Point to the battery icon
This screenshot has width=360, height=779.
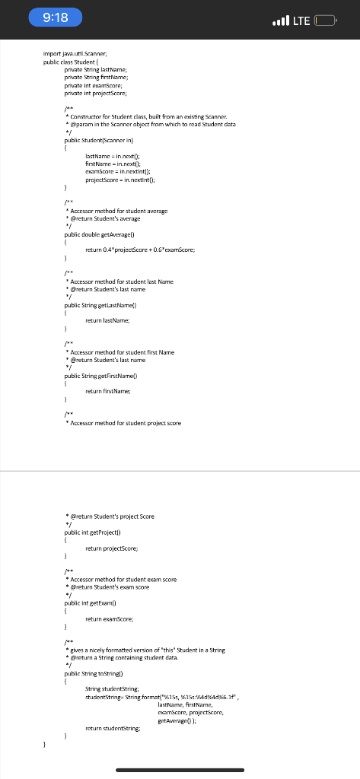[x=325, y=19]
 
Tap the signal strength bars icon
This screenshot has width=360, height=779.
[x=278, y=19]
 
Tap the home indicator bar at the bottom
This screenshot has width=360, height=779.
[x=180, y=769]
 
